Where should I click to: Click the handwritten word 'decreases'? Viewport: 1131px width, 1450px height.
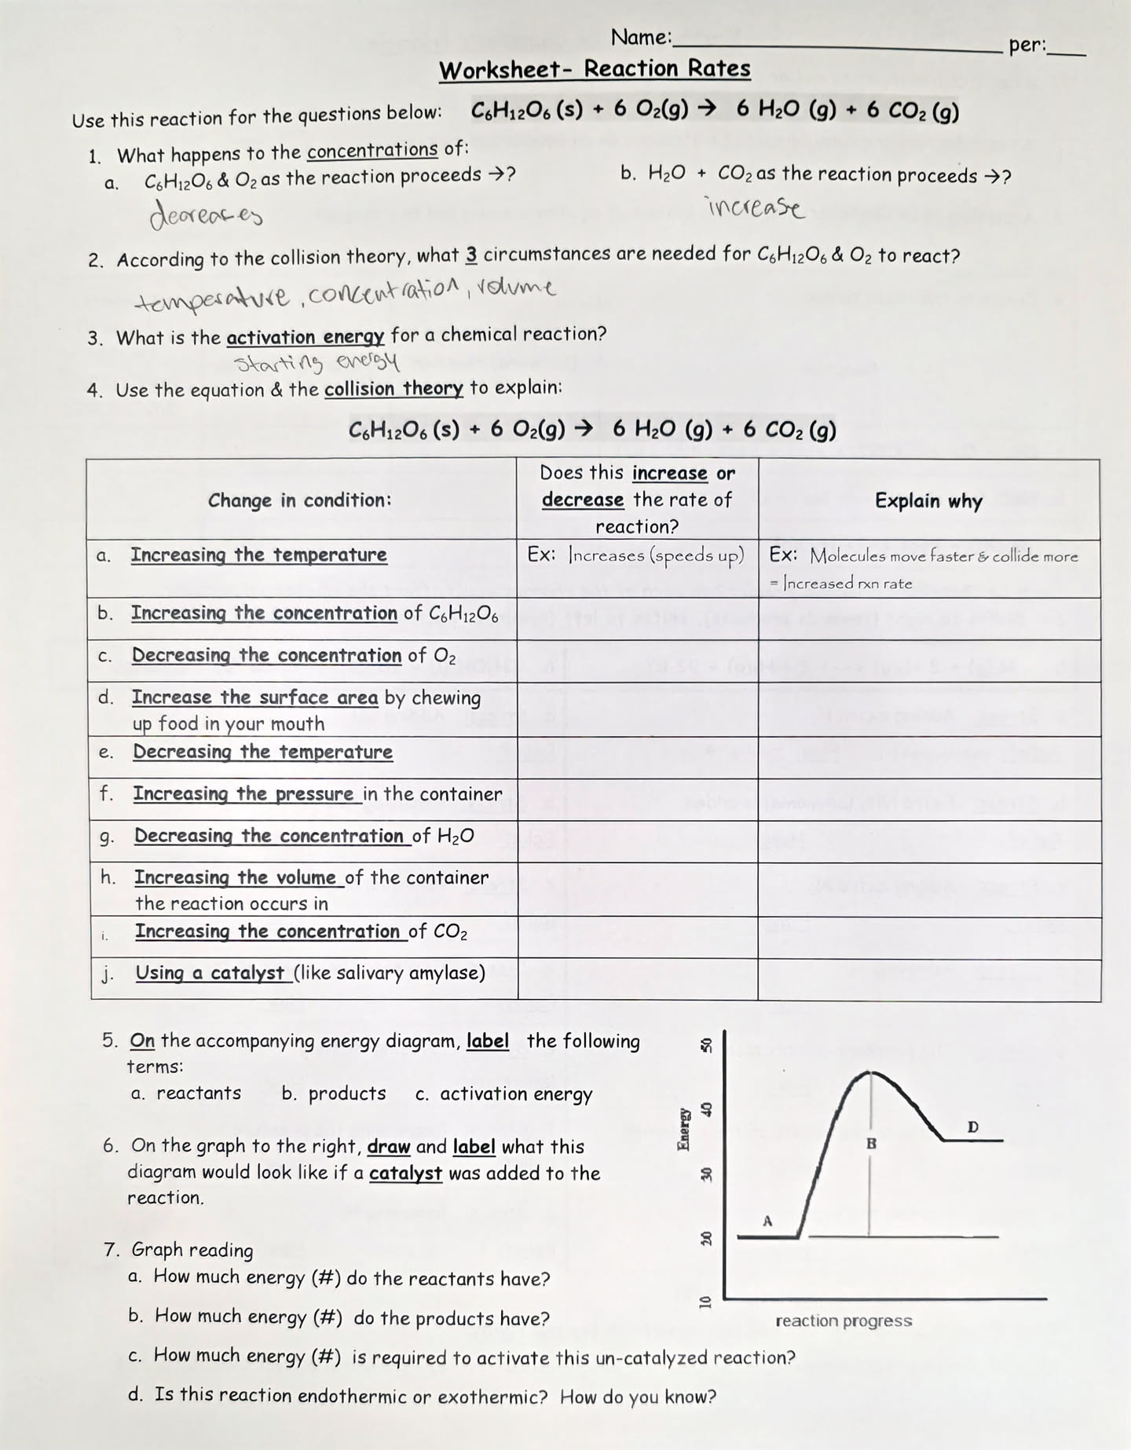point(206,213)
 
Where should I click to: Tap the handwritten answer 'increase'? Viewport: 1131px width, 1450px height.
point(756,207)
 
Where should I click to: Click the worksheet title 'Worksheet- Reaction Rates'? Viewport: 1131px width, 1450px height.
point(595,69)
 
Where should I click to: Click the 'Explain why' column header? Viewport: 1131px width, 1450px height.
point(928,501)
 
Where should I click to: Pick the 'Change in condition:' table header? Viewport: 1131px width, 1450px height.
point(299,500)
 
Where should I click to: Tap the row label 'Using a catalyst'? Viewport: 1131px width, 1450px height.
point(210,973)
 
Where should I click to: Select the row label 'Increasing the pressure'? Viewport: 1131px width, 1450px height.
point(243,794)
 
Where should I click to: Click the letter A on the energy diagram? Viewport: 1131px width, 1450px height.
point(768,1221)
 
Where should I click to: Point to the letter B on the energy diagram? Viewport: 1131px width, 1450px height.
point(871,1144)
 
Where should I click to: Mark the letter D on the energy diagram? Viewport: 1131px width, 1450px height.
point(973,1127)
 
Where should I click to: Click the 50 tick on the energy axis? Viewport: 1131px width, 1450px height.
point(705,1045)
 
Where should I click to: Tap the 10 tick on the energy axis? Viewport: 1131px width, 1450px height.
point(705,1301)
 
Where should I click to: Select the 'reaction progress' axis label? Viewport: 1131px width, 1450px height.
point(844,1321)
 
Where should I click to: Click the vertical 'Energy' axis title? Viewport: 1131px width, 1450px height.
point(683,1129)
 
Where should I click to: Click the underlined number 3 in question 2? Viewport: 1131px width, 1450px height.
point(471,255)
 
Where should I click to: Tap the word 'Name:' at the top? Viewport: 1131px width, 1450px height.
point(641,37)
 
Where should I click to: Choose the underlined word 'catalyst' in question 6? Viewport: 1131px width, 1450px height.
point(405,1174)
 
